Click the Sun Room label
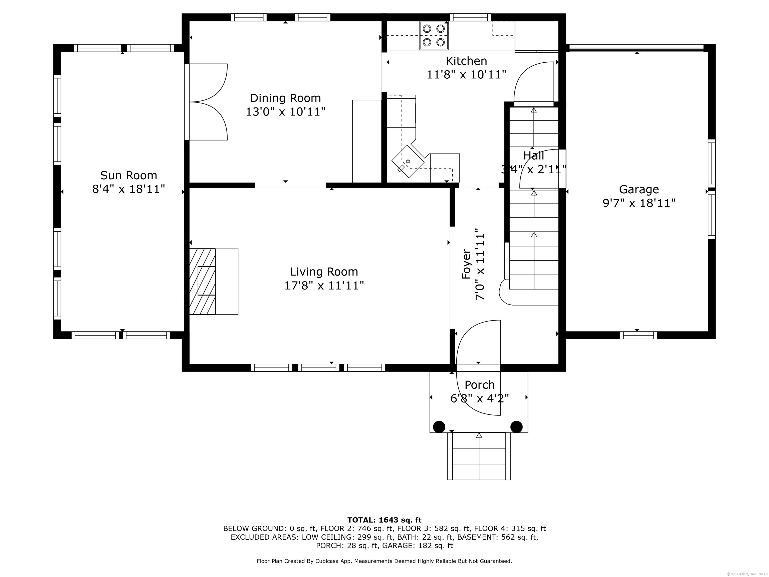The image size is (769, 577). (129, 175)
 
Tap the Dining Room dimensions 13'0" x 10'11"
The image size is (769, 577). (285, 112)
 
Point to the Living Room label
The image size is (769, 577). (324, 272)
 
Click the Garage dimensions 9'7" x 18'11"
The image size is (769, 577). (639, 203)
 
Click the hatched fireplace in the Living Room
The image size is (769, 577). (202, 281)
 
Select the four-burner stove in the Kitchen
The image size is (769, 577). (434, 36)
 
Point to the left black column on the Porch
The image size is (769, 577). (439, 426)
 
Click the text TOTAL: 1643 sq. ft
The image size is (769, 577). (384, 520)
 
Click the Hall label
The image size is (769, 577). (534, 156)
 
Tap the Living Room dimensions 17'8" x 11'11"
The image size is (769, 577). (324, 285)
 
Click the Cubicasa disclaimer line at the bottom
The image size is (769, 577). (384, 561)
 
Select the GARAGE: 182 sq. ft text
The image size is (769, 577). (417, 546)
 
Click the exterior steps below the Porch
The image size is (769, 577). (479, 456)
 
